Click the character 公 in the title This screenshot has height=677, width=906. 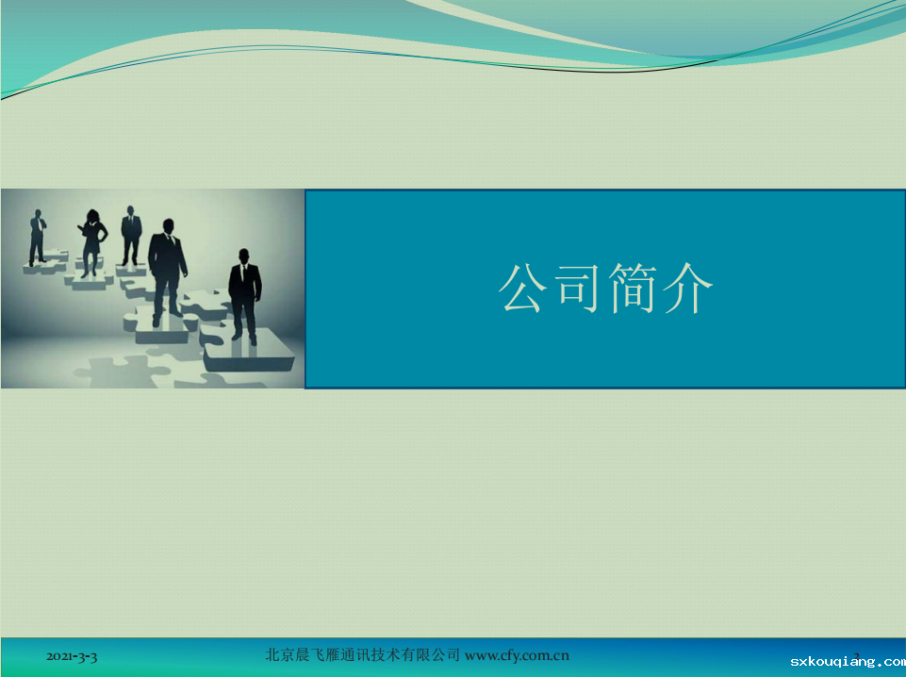(522, 288)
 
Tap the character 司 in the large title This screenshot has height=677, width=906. (577, 288)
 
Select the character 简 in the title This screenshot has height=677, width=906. (632, 288)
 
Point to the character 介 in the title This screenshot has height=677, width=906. (687, 288)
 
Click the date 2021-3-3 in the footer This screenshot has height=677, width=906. (72, 656)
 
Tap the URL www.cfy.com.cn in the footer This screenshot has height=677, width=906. (517, 655)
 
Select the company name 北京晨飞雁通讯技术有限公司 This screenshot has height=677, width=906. (362, 655)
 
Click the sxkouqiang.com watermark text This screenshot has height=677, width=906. (848, 661)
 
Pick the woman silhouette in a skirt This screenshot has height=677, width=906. (91, 243)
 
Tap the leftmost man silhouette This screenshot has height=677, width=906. (38, 238)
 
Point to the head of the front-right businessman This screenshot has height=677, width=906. (244, 256)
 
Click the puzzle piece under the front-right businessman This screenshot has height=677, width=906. (249, 350)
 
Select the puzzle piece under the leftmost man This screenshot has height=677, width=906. (45, 263)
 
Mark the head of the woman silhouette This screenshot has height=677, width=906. (92, 216)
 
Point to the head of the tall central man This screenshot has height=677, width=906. (168, 225)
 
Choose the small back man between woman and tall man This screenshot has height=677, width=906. (131, 235)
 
